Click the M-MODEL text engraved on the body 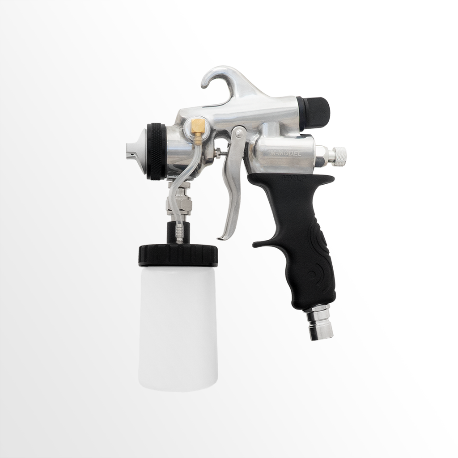[x=286, y=153]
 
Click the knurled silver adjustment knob [x=339, y=155]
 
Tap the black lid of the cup [x=178, y=255]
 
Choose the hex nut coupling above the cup [x=178, y=204]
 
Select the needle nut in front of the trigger [x=218, y=153]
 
